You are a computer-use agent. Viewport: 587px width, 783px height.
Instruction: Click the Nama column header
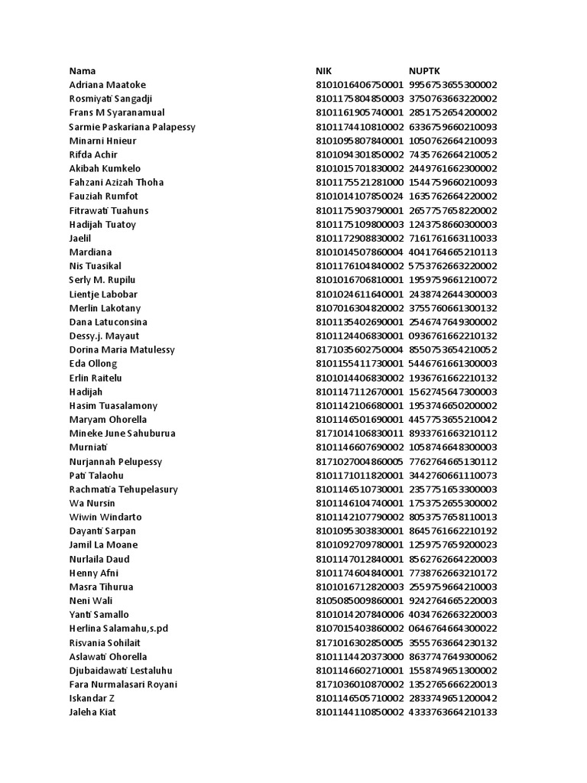click(x=83, y=71)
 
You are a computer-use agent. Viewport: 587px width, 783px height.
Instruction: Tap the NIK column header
click(x=325, y=71)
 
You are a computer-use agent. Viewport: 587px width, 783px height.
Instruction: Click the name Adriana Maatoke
click(x=107, y=85)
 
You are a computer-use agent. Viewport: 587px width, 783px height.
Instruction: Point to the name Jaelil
click(x=80, y=239)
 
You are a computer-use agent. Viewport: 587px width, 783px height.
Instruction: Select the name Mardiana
click(x=90, y=252)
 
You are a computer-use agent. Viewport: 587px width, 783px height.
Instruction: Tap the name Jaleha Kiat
click(x=92, y=713)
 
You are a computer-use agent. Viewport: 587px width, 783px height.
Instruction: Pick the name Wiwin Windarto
click(x=105, y=518)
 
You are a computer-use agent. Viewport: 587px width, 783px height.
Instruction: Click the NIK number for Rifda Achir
click(x=359, y=154)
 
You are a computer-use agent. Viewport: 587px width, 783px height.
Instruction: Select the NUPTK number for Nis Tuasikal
click(x=453, y=266)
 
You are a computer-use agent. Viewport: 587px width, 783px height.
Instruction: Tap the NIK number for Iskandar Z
click(x=359, y=699)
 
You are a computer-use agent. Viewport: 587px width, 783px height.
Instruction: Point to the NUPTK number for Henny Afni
click(x=453, y=573)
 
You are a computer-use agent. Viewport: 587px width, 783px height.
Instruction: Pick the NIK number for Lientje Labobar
click(x=359, y=294)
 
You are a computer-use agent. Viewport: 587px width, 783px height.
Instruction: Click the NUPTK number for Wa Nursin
click(x=453, y=504)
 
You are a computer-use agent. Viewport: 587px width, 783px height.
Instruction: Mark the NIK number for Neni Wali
click(x=359, y=601)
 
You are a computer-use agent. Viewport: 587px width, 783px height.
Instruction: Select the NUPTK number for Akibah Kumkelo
click(x=453, y=168)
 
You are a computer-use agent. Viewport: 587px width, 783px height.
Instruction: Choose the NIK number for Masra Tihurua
click(x=359, y=587)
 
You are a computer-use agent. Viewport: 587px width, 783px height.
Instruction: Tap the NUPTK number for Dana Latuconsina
click(x=453, y=322)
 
